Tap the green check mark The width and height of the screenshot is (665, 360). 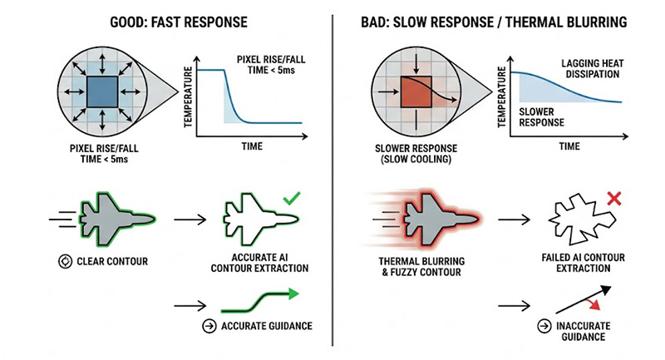tap(291, 199)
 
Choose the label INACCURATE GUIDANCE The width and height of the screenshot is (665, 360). tap(577, 331)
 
